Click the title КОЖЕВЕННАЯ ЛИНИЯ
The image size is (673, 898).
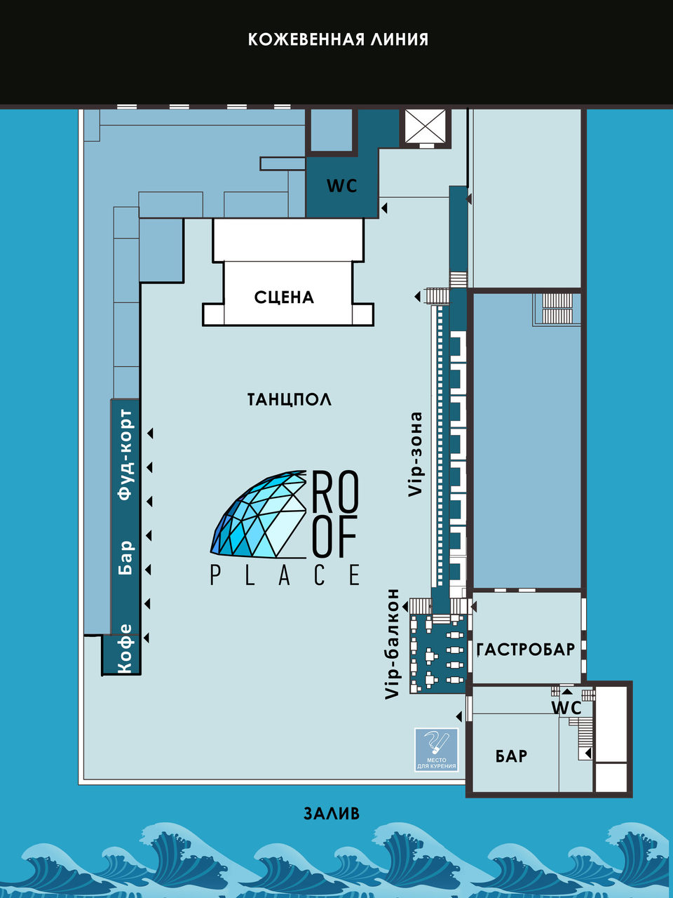click(338, 40)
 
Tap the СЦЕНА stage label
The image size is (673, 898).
click(284, 297)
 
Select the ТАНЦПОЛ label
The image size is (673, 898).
click(290, 399)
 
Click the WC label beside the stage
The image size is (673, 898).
click(342, 186)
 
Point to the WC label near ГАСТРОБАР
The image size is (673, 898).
click(566, 708)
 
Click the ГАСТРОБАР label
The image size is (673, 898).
click(526, 649)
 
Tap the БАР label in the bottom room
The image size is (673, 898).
click(511, 756)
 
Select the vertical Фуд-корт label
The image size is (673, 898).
click(125, 455)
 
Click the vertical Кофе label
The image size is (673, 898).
click(125, 648)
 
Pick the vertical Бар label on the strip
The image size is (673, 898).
click(125, 558)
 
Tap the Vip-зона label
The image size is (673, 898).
click(415, 455)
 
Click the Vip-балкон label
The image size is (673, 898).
click(393, 644)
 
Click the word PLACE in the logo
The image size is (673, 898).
click(285, 575)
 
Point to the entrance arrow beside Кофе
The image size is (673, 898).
click(146, 638)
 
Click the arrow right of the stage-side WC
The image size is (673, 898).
click(384, 208)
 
